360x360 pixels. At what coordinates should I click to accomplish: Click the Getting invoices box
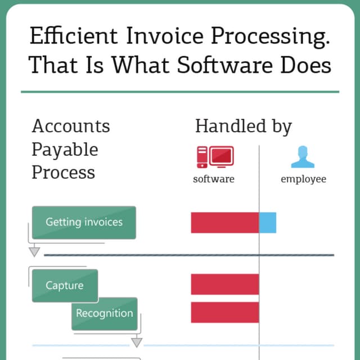84,222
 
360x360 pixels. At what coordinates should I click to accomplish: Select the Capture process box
65,286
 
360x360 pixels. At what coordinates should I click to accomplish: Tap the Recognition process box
104,313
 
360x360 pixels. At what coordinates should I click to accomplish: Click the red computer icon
215,157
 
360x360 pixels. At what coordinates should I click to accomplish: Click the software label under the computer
214,179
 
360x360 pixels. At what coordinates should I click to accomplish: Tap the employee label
303,179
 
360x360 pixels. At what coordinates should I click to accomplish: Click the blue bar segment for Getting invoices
268,223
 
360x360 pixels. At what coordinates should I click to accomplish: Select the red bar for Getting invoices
224,223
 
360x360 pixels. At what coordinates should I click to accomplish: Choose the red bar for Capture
224,285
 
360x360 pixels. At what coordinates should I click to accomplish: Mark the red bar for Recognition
224,313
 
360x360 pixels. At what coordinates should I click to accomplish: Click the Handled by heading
244,126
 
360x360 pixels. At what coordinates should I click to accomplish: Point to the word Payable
65,150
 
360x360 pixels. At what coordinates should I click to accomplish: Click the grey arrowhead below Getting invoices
35,251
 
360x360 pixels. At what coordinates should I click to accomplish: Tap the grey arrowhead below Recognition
137,342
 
